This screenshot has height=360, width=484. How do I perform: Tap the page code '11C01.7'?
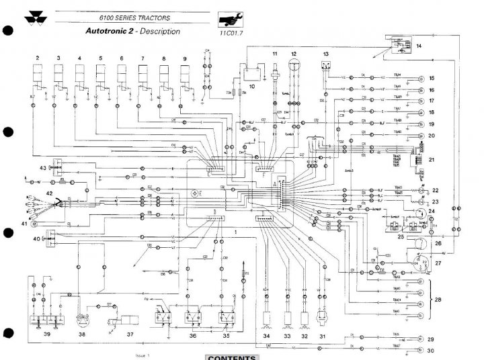coord(231,32)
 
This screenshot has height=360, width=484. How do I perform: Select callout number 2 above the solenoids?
coord(38,59)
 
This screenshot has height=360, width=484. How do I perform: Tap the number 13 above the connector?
coord(326,52)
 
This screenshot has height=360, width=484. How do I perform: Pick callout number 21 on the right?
coord(432,159)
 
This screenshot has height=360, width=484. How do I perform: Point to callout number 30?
coord(431,351)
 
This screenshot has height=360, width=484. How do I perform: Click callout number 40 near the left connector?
coord(36,238)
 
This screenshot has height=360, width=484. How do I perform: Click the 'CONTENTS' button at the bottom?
coord(232,357)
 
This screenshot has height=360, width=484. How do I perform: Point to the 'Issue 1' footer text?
coord(142,354)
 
